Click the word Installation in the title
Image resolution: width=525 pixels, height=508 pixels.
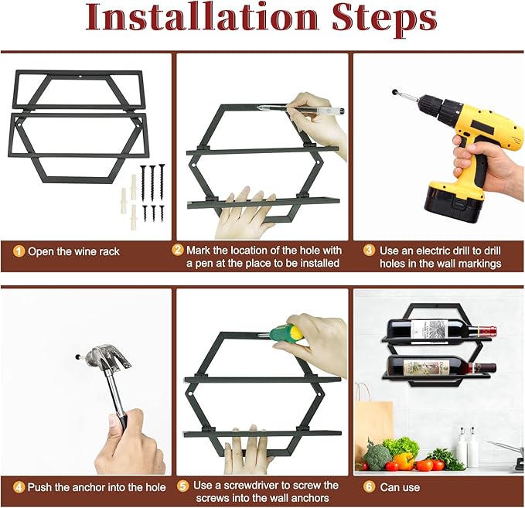point(201,18)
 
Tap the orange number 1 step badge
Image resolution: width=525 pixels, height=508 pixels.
point(19,251)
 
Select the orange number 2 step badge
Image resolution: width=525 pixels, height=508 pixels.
point(178,250)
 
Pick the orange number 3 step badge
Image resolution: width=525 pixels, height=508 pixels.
point(369,251)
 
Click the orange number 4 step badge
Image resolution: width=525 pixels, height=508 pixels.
point(19,487)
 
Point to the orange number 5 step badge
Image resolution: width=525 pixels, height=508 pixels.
point(182,486)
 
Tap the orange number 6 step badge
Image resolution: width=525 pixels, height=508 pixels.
point(369,486)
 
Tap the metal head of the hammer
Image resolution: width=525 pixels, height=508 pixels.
point(107,360)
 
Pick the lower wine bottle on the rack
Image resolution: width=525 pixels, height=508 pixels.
point(441,367)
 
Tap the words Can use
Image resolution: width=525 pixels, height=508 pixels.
point(400,487)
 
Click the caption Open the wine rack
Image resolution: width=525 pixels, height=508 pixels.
point(73,251)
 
